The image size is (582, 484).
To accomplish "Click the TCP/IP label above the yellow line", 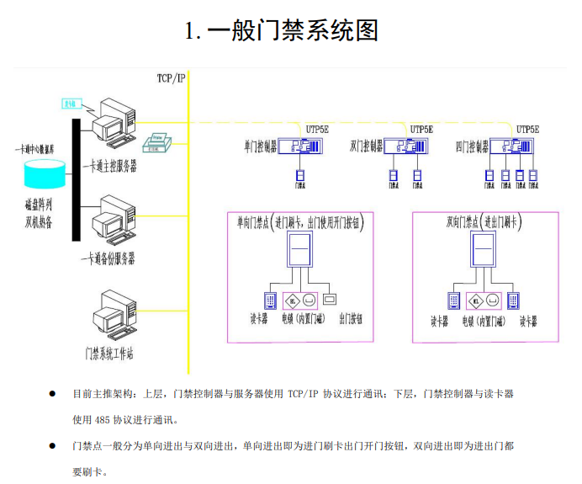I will point(171,78).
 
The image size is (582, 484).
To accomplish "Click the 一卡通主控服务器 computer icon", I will point(114,126).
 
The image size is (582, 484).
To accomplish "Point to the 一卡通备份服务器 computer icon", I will point(114,221).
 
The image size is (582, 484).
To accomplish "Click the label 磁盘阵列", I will point(39,205).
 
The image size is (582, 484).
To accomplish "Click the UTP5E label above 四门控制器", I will point(527,130).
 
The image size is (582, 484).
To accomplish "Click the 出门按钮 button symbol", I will point(329,299).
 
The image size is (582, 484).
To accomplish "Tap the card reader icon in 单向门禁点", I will point(271,300).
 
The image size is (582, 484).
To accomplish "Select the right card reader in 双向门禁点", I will point(512,299).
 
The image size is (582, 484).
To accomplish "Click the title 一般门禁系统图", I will point(282,31).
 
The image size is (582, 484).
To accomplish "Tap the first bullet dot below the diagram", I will point(52,393).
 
